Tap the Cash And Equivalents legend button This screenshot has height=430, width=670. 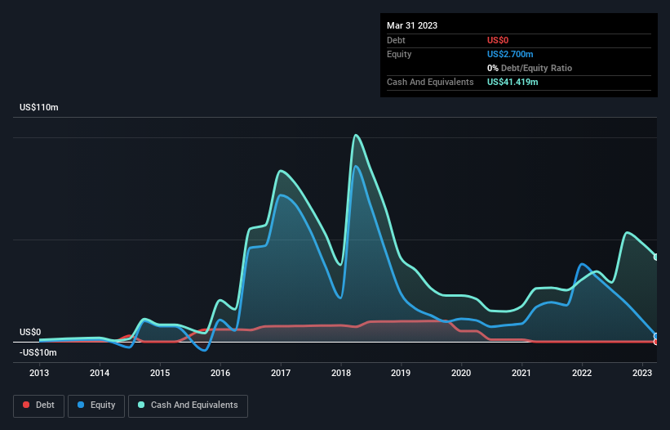tap(188, 405)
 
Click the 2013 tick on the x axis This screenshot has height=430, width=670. tap(39, 373)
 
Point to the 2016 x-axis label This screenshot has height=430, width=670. tap(220, 373)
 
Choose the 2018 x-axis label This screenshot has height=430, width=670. tap(340, 373)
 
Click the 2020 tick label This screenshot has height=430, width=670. tap(461, 373)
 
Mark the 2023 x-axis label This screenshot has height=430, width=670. tap(642, 373)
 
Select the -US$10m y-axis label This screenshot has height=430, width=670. tap(38, 352)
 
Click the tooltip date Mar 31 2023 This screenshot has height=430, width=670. tap(412, 25)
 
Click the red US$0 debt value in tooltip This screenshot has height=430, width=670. tap(499, 40)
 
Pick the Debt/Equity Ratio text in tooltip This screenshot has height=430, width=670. tap(535, 68)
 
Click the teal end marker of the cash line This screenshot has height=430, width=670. tap(655, 257)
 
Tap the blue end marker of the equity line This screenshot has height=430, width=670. tap(655, 336)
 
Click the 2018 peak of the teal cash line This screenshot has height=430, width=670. tap(356, 135)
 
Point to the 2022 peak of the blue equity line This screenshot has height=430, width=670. tap(582, 264)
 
